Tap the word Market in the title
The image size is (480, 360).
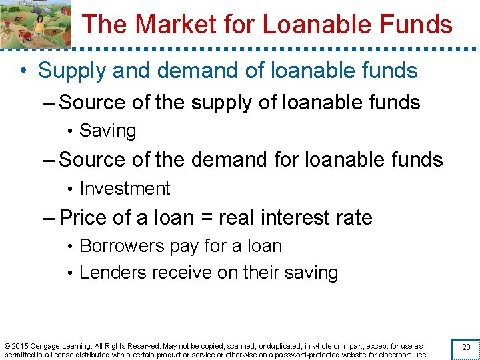click(168, 25)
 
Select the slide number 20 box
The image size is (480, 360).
click(465, 347)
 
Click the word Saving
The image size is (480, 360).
click(107, 131)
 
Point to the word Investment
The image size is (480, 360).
click(125, 189)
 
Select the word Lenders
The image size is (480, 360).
click(113, 273)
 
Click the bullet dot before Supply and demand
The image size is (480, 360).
click(25, 71)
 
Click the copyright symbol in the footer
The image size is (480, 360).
click(7, 346)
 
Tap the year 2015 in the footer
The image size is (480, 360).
click(20, 346)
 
